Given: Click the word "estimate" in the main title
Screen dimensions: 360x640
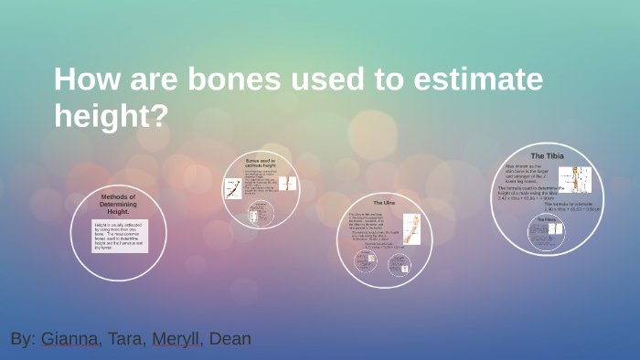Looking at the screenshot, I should click(474, 80).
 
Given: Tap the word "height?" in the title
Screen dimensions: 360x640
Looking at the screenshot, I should click(111, 116).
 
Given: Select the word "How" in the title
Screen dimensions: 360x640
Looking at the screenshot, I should click(81, 80).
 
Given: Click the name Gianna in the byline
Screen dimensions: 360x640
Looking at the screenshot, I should click(68, 339).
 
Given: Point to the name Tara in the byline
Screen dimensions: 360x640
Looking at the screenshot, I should click(126, 339).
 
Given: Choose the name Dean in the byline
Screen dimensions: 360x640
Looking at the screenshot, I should click(229, 339).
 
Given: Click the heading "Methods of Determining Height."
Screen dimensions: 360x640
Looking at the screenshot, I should click(118, 203).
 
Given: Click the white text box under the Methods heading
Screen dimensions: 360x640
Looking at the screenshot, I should click(118, 236).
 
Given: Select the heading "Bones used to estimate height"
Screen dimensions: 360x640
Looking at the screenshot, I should click(261, 164).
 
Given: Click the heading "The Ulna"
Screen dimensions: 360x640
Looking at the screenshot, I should click(384, 202).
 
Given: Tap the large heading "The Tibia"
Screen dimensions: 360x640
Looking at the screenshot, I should click(549, 155).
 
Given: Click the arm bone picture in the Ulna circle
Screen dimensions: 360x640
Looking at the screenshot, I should click(411, 228).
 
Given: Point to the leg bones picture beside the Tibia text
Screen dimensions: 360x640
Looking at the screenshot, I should click(580, 178).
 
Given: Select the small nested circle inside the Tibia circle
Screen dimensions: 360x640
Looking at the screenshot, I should click(547, 234).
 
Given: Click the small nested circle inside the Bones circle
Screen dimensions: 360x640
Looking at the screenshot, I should click(261, 214).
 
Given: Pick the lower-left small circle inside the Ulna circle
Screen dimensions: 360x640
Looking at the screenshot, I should click(366, 261).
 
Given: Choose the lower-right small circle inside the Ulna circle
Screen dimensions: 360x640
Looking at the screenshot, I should click(400, 264).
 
